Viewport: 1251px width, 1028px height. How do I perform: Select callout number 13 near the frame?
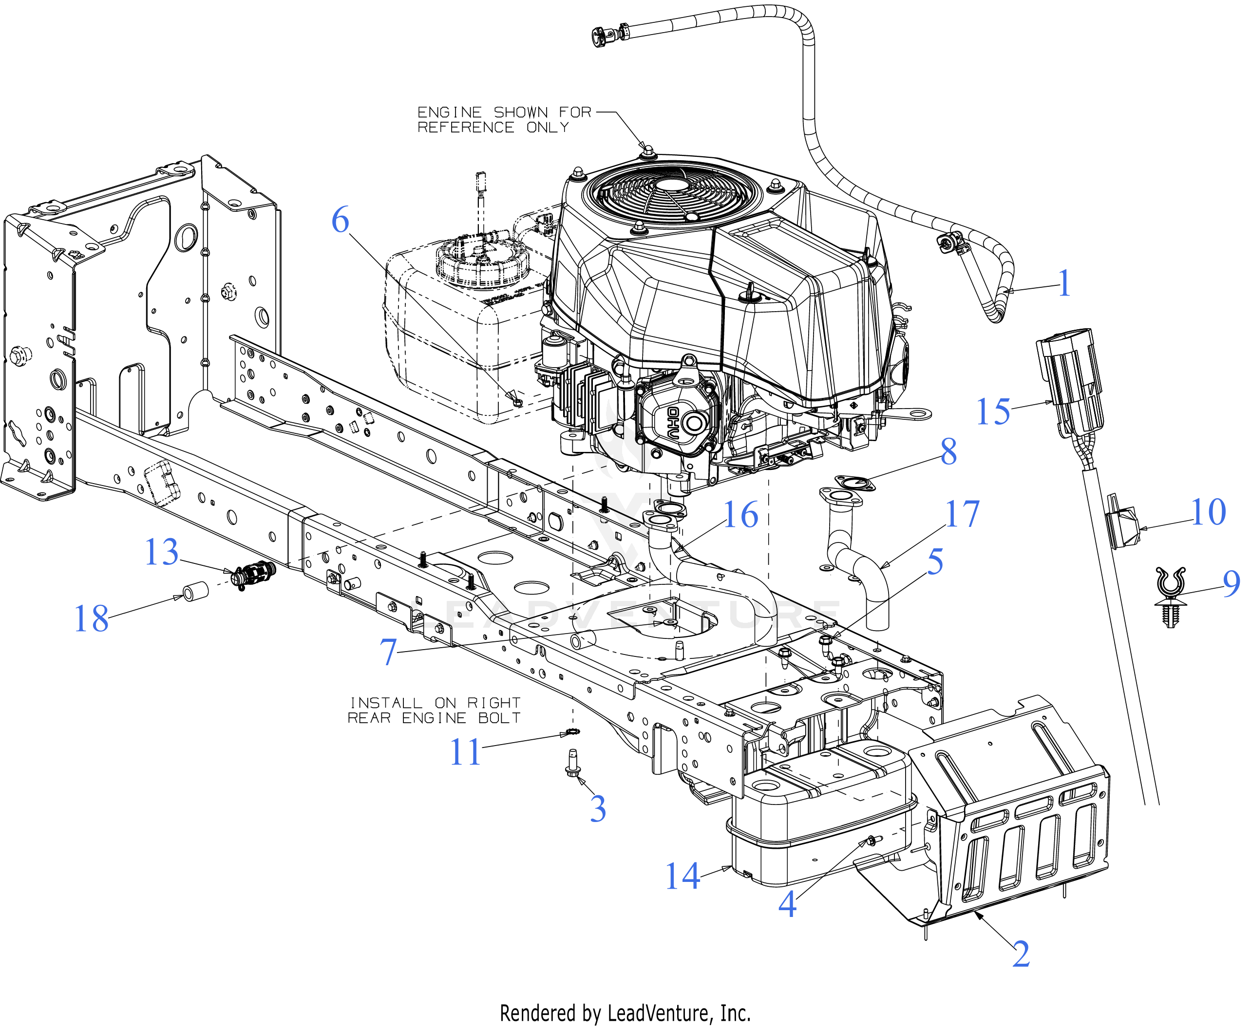click(x=161, y=553)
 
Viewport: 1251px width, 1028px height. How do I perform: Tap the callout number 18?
click(x=91, y=619)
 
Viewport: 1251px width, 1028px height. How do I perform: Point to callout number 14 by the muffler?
click(x=683, y=877)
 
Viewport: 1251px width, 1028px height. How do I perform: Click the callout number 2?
click(x=1021, y=954)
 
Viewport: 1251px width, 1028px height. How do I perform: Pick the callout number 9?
click(x=1232, y=584)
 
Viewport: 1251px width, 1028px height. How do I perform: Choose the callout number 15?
click(x=993, y=411)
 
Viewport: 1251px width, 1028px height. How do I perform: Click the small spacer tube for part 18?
click(x=196, y=592)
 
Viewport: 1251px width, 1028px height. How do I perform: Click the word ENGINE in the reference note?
click(x=449, y=112)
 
